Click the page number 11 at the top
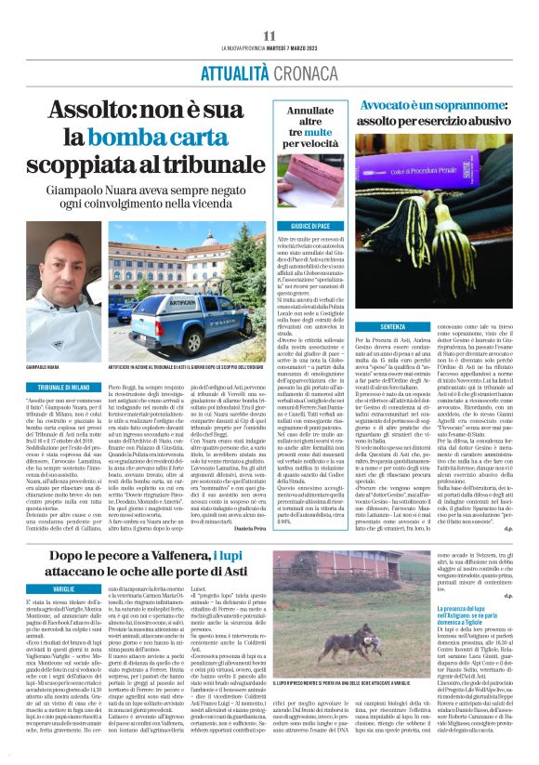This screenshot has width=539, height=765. pyautogui.click(x=269, y=35)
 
